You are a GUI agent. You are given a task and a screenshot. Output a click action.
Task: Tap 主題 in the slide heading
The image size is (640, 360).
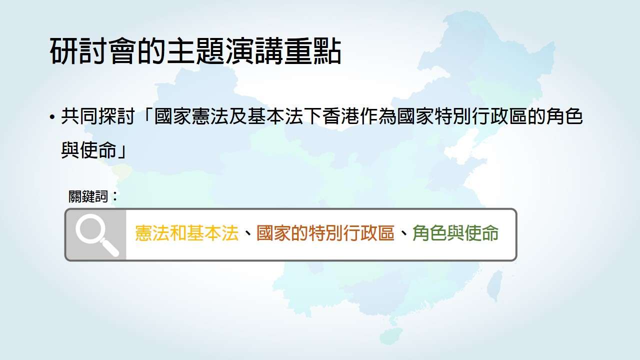click(195, 51)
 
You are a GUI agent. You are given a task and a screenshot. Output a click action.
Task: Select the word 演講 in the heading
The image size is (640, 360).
click(253, 51)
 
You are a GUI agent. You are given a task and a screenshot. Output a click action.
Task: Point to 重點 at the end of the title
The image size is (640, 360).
click(312, 51)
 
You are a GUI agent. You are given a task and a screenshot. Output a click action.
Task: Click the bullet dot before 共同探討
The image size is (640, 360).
click(52, 117)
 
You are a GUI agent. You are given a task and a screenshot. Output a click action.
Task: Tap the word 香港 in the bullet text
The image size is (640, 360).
click(340, 116)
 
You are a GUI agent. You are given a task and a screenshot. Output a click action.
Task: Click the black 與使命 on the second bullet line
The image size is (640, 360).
click(89, 149)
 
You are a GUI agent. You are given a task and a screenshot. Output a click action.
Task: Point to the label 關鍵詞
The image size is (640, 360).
click(88, 196)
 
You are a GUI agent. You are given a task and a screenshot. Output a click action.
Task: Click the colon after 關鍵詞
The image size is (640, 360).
click(115, 196)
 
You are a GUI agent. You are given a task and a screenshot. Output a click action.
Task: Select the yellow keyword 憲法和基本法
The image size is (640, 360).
click(187, 233)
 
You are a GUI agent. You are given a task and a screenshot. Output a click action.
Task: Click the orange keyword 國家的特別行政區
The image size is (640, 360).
click(325, 233)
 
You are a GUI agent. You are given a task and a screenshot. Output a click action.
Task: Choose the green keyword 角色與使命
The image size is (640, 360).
click(455, 233)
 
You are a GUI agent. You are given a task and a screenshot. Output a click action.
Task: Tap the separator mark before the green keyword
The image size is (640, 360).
click(403, 234)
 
